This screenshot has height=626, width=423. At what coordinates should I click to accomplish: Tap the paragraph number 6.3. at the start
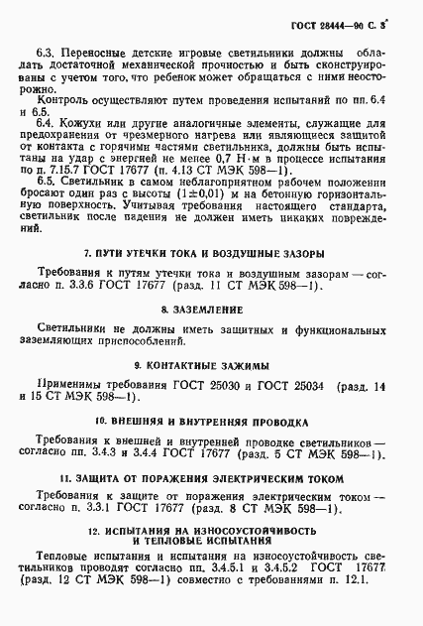46,48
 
